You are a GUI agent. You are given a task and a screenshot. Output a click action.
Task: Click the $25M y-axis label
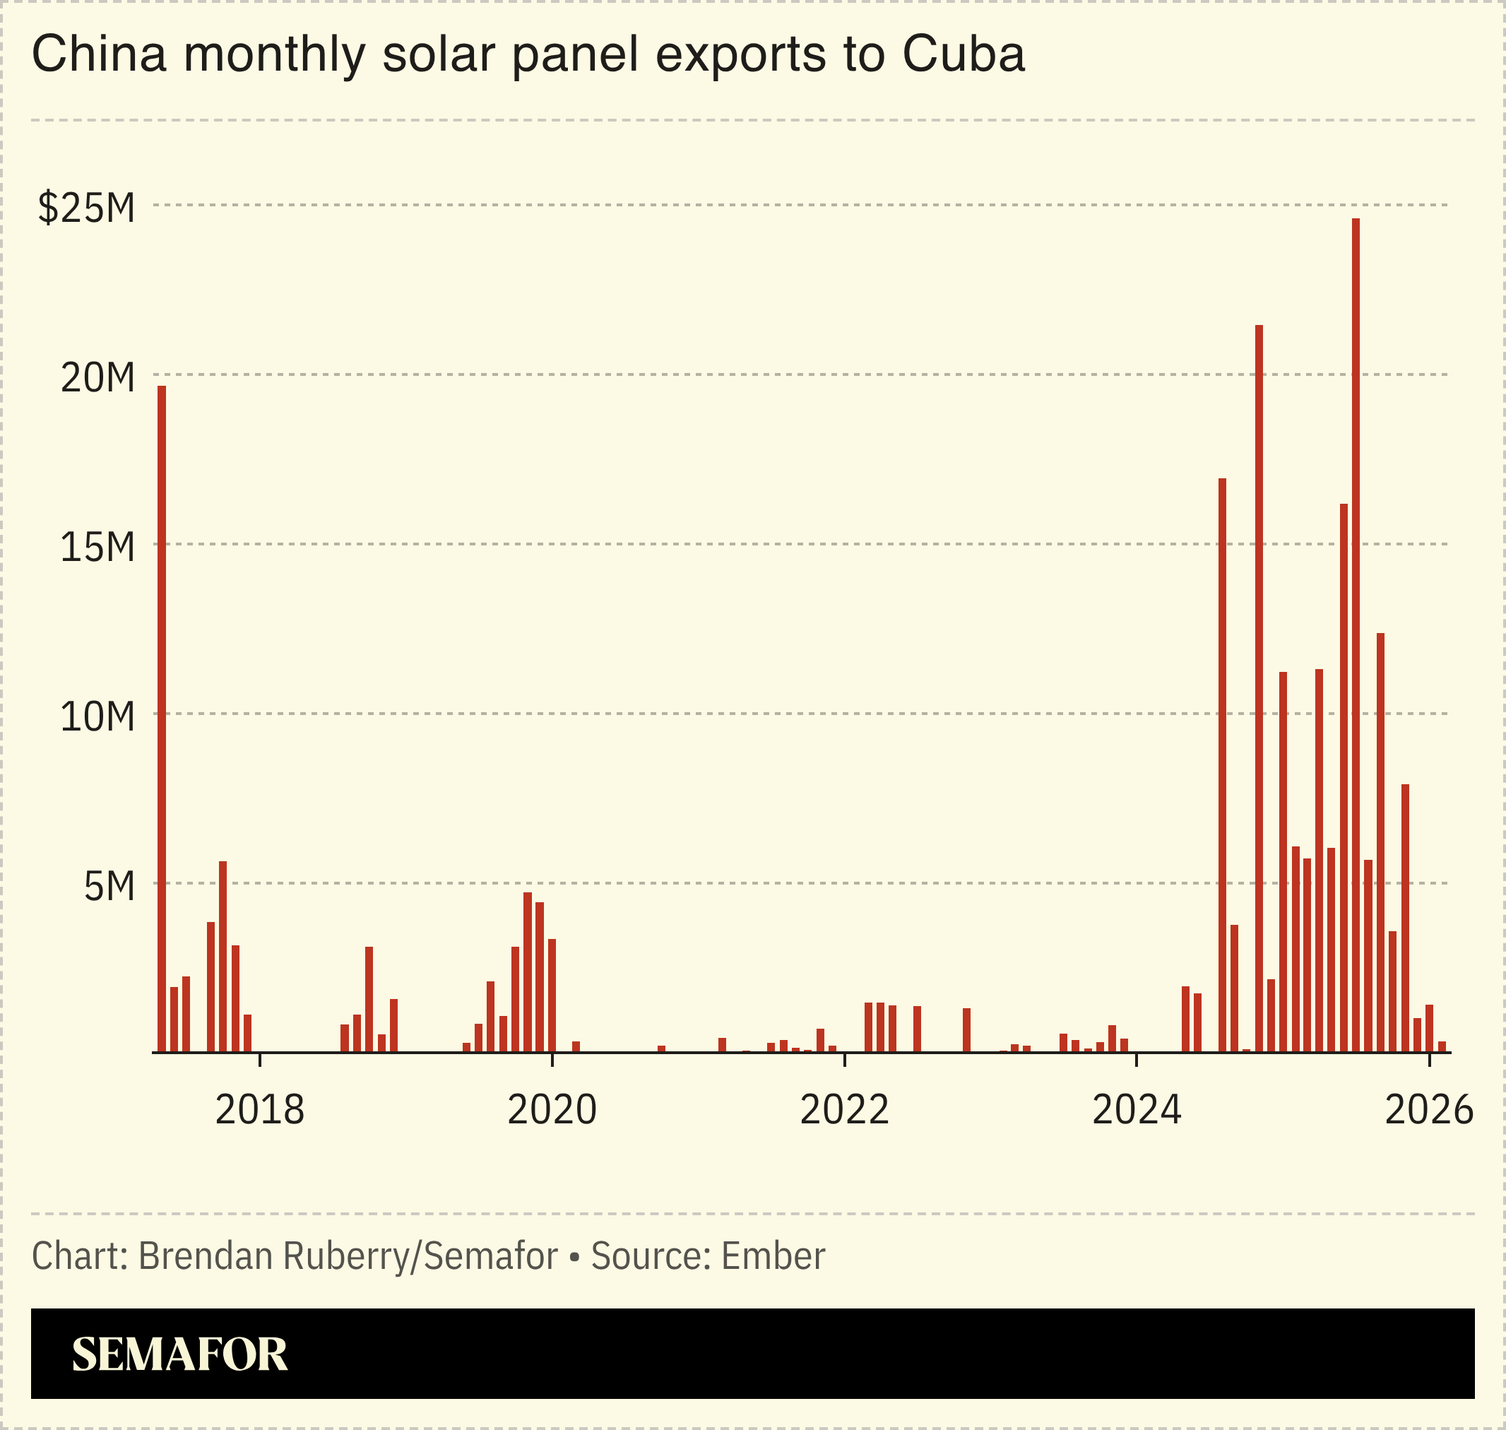86,207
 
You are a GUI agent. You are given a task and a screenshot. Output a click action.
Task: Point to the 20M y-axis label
97,377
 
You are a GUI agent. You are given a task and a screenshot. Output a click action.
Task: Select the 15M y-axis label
97,547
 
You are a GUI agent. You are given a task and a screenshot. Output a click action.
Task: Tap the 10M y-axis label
97,716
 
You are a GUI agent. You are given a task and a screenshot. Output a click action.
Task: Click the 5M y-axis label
109,886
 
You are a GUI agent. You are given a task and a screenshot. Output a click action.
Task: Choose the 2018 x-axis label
259,1110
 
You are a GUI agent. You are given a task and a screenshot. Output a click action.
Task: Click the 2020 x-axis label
552,1110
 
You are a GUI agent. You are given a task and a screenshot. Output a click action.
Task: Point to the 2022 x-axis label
843,1110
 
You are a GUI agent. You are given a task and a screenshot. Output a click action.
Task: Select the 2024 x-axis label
1137,1110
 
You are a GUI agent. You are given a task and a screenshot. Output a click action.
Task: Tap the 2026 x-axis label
1428,1110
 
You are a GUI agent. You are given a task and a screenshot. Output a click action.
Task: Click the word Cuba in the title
964,54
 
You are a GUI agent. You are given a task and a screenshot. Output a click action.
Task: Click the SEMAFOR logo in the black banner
179,1354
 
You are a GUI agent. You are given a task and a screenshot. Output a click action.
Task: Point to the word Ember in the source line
773,1256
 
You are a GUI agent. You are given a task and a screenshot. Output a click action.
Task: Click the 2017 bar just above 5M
223,956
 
